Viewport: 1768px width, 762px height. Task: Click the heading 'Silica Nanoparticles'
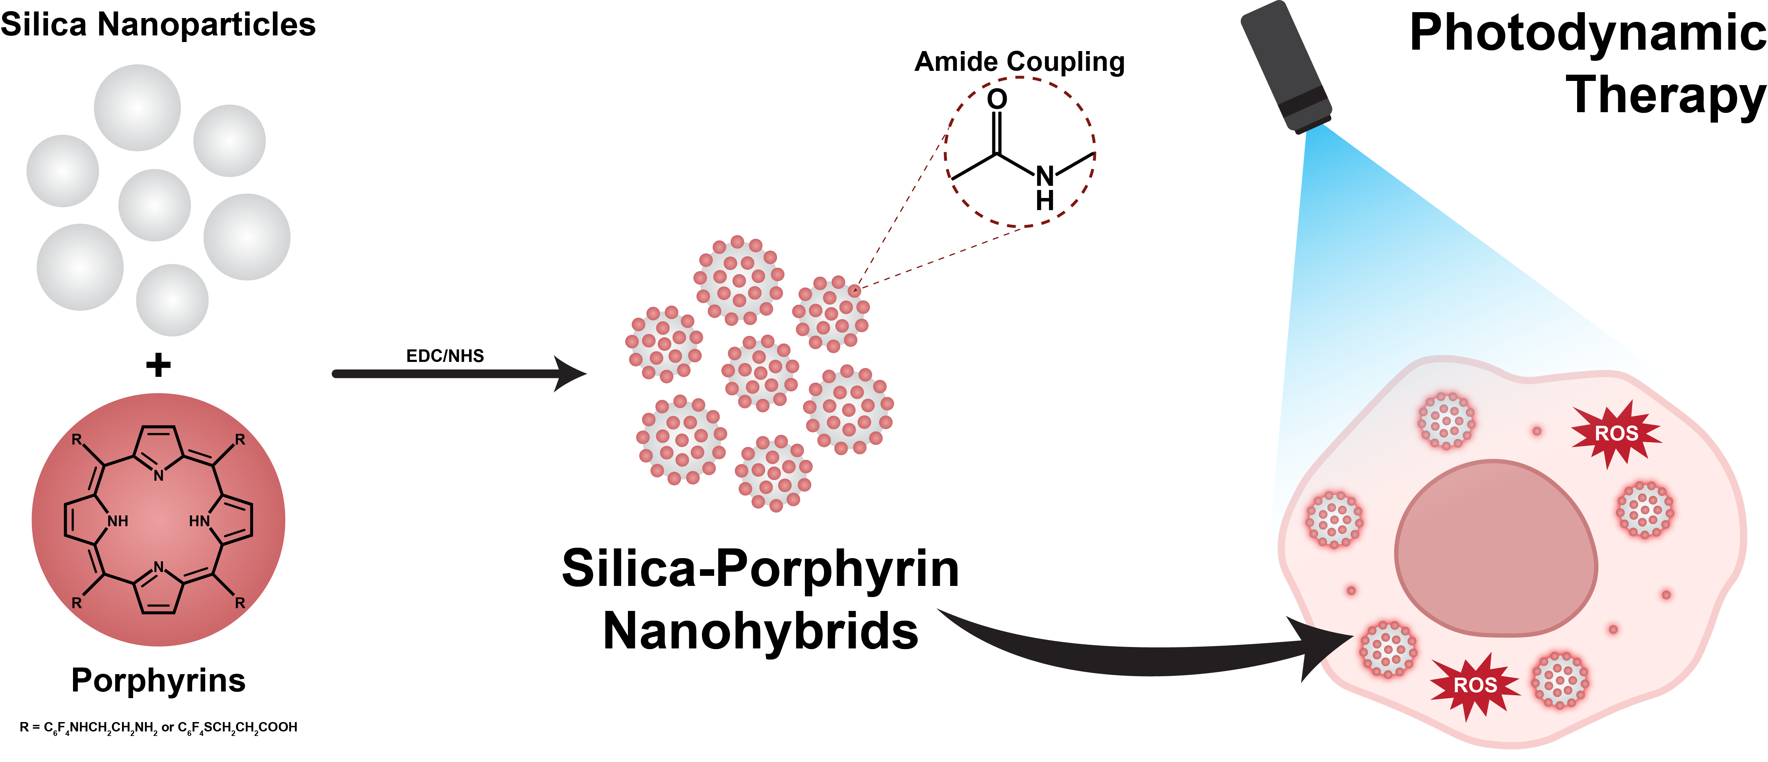(x=158, y=25)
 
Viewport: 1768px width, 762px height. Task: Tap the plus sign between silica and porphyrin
(x=158, y=365)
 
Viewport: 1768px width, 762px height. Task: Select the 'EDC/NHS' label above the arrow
(x=445, y=355)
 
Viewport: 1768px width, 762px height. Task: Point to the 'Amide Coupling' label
(x=1019, y=62)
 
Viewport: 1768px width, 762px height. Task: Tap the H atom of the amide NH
(x=1044, y=201)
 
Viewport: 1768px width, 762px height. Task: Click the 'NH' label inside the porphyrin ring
(x=118, y=521)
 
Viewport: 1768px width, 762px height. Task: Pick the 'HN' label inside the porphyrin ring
(x=199, y=521)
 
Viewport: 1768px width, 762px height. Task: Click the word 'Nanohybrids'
(x=760, y=631)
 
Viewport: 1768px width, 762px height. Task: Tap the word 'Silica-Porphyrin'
(x=760, y=569)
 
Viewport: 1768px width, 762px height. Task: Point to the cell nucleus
(x=1496, y=549)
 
